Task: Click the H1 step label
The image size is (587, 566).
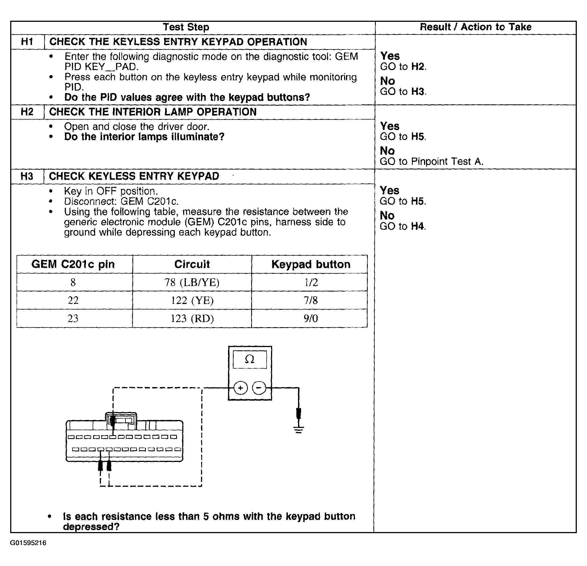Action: [27, 42]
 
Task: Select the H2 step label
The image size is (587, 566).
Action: [27, 112]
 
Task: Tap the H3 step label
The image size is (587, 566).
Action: [27, 176]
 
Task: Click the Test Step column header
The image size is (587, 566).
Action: [186, 27]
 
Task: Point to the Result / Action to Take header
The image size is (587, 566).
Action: [476, 27]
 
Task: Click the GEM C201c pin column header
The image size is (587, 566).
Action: [73, 264]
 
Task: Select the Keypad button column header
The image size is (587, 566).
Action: [311, 264]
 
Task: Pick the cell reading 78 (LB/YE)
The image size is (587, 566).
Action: [192, 282]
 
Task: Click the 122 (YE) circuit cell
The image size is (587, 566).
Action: [192, 300]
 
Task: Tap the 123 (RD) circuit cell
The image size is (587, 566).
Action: [192, 318]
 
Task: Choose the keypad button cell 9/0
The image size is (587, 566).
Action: [311, 318]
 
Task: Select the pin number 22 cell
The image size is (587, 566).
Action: [73, 300]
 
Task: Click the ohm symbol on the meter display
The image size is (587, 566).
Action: [250, 359]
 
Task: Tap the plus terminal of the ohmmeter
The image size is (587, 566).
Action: [240, 388]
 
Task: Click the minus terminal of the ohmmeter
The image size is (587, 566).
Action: [259, 388]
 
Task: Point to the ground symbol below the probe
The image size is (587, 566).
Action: [299, 430]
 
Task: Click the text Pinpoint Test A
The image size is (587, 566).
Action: [447, 162]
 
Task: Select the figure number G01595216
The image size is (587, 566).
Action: [28, 543]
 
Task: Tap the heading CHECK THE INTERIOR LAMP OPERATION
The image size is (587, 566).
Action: [153, 112]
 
